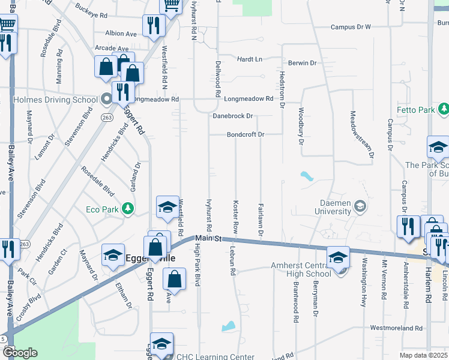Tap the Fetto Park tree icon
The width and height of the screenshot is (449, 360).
pyautogui.click(x=444, y=110)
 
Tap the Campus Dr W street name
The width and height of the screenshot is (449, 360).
pyautogui.click(x=351, y=27)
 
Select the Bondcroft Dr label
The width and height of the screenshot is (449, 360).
pyautogui.click(x=246, y=134)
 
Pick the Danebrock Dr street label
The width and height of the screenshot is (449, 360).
pyautogui.click(x=232, y=115)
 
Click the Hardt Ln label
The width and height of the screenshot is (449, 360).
pyautogui.click(x=250, y=59)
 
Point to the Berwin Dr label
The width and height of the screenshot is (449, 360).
pyautogui.click(x=301, y=62)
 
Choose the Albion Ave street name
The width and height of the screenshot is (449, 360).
pyautogui.click(x=121, y=34)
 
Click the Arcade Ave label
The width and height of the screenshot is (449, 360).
pyautogui.click(x=112, y=48)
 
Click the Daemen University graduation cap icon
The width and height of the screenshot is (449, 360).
pyautogui.click(x=360, y=206)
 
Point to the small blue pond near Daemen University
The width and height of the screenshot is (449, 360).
pyautogui.click(x=307, y=177)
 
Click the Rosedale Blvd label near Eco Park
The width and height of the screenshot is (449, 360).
pyautogui.click(x=98, y=181)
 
